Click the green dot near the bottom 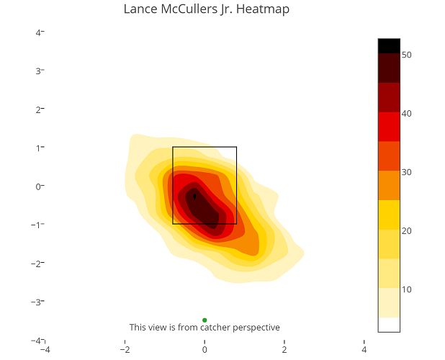tap(204, 320)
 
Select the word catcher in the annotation tap(216, 328)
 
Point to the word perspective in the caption tap(256, 328)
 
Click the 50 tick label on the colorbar tap(406, 55)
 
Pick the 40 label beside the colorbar tap(406, 114)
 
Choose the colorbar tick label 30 tap(406, 172)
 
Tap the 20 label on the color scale tap(406, 231)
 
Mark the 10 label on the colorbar tap(406, 289)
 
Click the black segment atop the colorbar tap(388, 45)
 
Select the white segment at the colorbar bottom tap(388, 324)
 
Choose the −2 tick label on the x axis tap(125, 351)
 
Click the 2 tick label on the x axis tap(284, 351)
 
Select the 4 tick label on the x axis tap(364, 351)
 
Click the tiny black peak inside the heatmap tap(194, 196)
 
